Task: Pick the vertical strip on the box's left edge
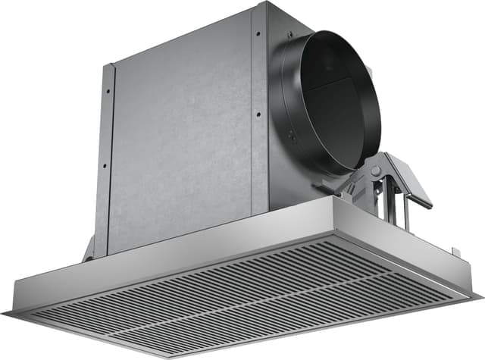(105, 152)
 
